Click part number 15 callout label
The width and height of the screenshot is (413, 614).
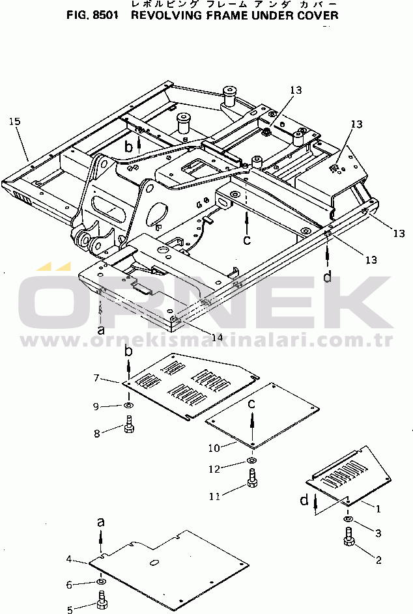[x=14, y=121]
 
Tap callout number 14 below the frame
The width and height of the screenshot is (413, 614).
[x=217, y=337]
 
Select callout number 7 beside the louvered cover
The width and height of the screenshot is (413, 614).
[x=96, y=378]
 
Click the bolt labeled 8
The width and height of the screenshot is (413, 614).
[x=129, y=425]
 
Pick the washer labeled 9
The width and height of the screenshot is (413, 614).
[x=128, y=405]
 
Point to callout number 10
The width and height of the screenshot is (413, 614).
[x=214, y=447]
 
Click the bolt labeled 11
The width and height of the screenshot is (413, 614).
[x=252, y=478]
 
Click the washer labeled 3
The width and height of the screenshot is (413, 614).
[x=348, y=519]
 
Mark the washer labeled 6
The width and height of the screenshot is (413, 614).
[x=101, y=581]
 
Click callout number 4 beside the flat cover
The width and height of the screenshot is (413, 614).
[x=69, y=559]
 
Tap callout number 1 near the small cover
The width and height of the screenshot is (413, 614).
[x=378, y=509]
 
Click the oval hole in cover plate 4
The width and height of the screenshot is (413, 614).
[x=155, y=563]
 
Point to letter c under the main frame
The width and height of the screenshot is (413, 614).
[x=246, y=239]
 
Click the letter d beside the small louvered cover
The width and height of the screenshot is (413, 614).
[x=304, y=500]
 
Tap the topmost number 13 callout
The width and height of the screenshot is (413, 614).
[x=296, y=90]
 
